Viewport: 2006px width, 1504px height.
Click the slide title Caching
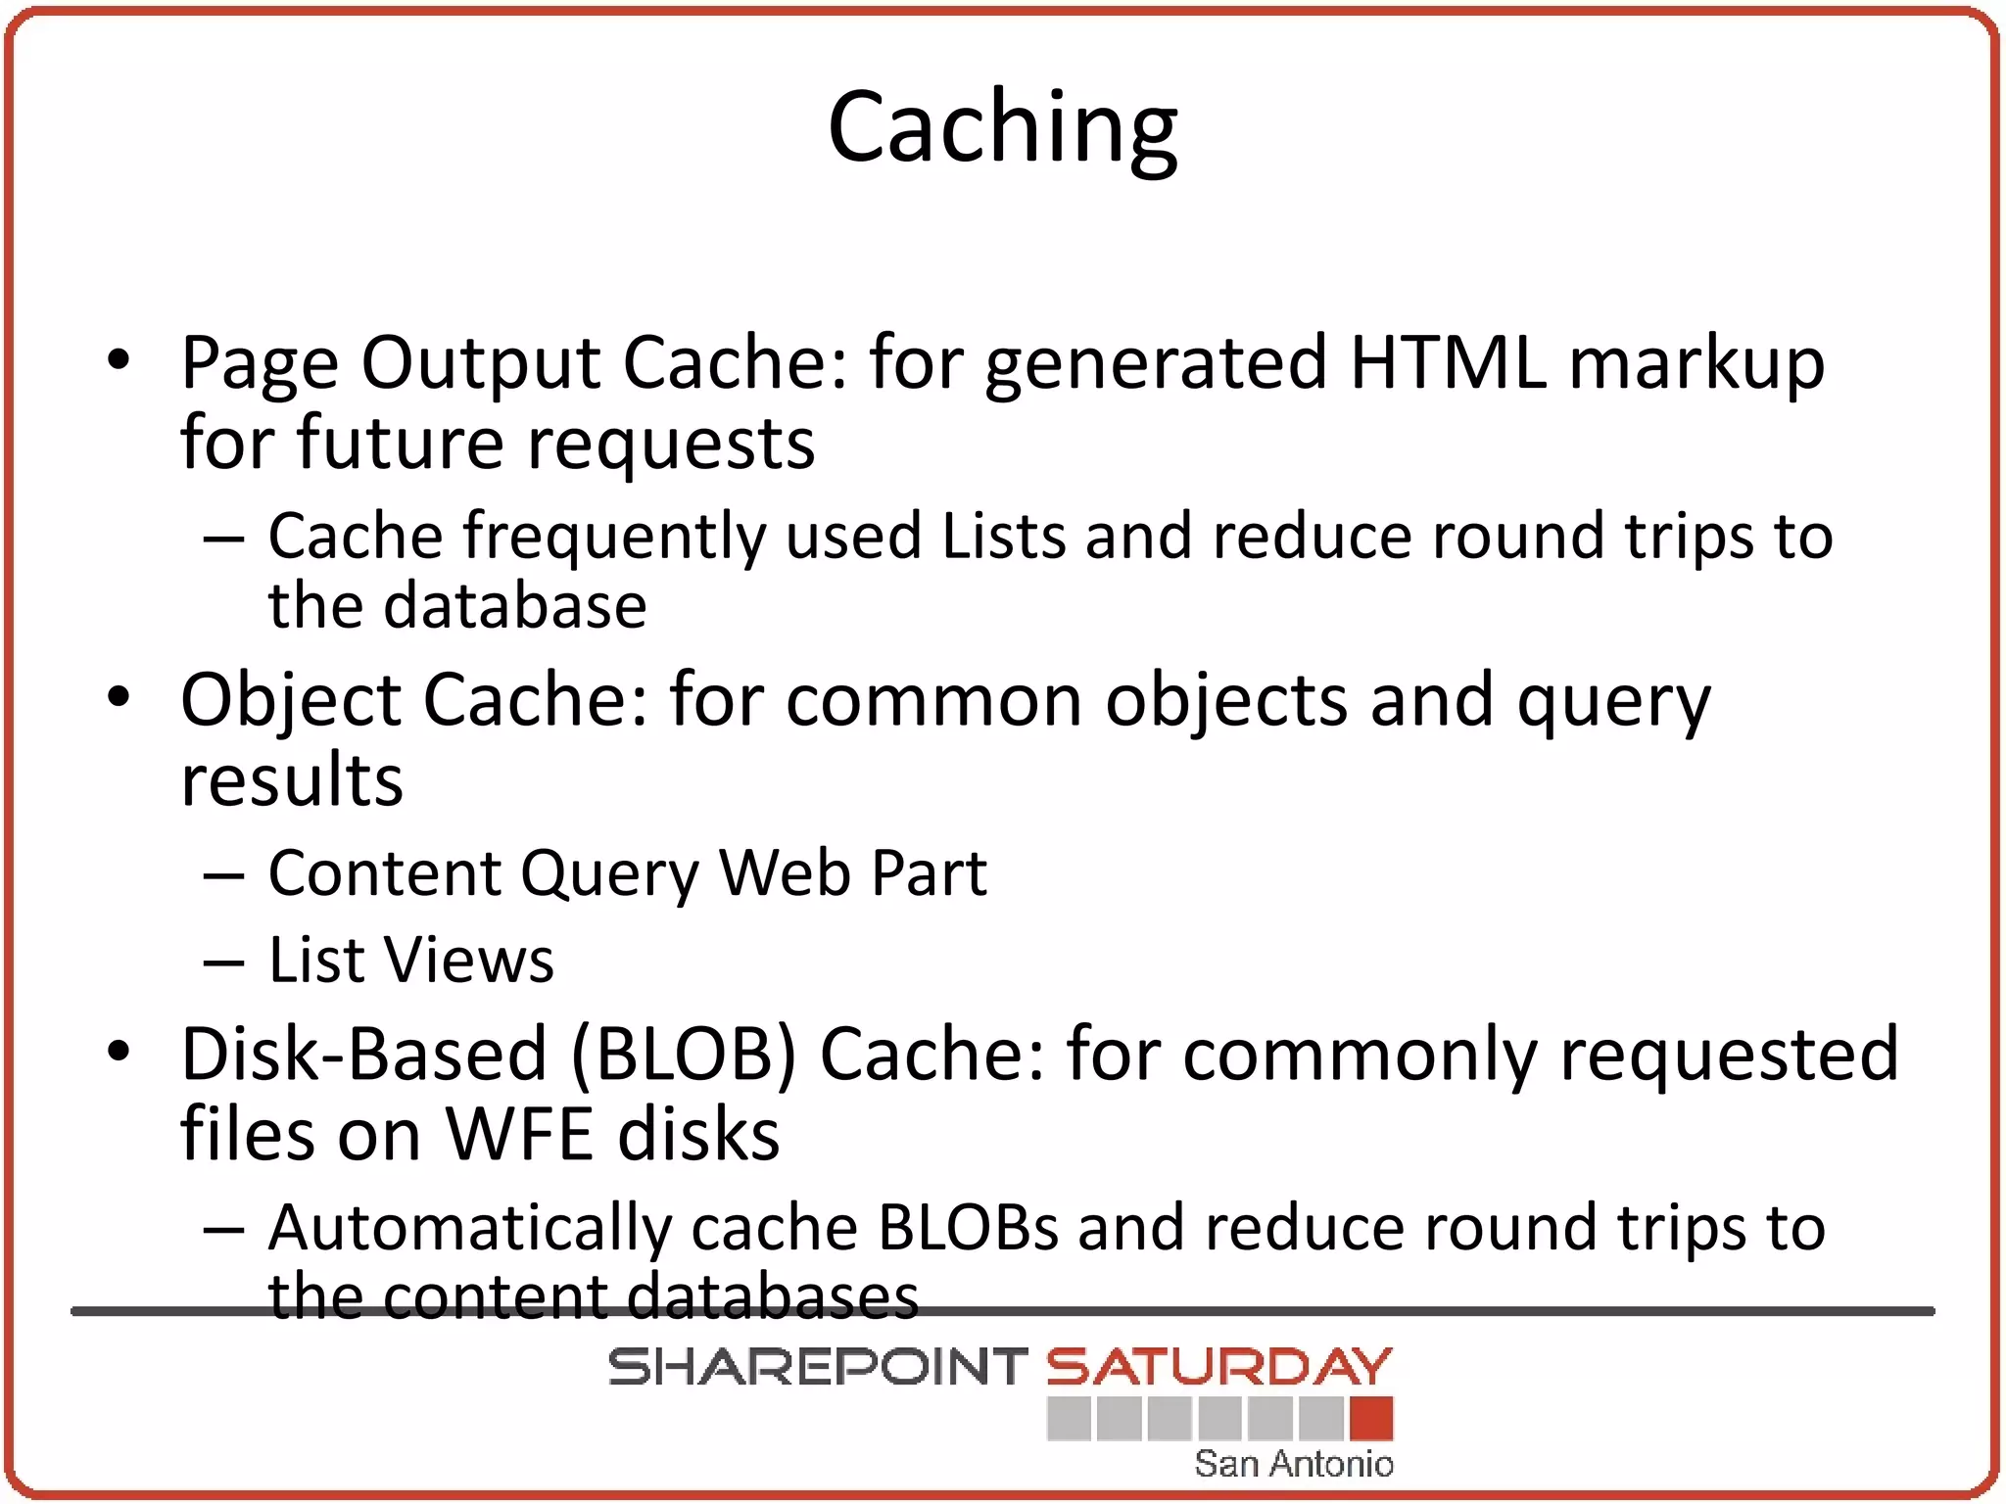pos(1002,128)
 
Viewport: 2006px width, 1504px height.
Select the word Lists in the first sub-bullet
pos(1003,537)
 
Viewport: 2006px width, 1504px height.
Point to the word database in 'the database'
pos(514,605)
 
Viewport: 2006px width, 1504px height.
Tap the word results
pos(292,781)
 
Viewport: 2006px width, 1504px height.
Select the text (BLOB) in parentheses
pos(684,1055)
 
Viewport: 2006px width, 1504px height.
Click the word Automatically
pos(470,1228)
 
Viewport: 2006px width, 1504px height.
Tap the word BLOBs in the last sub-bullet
pos(968,1227)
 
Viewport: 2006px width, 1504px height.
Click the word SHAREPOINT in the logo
pos(817,1367)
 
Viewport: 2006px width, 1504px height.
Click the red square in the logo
pos(1370,1419)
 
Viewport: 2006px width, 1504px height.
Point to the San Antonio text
pos(1293,1464)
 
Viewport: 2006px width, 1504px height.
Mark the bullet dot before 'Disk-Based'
pos(119,1052)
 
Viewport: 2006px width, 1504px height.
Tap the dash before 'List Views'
pos(223,962)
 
